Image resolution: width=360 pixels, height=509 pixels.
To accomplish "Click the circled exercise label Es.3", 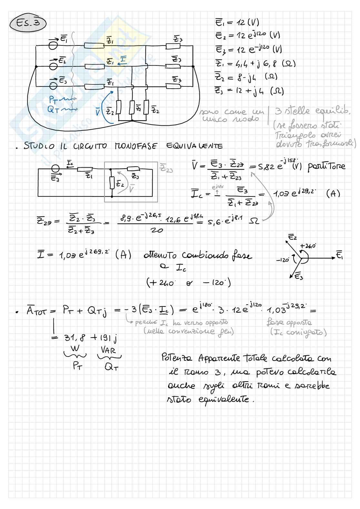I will pos(28,23).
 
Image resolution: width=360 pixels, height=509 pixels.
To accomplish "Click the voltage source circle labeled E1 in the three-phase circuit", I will pos(53,46).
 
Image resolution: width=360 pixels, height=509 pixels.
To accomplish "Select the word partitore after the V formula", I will pos(326,167).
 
